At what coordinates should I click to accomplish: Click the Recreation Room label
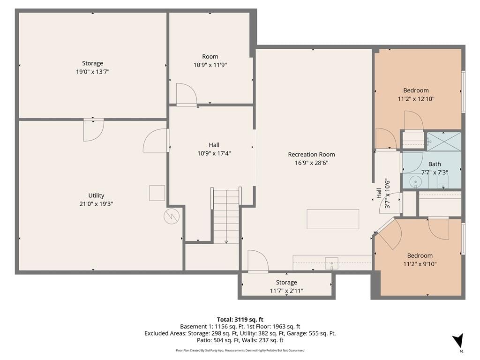click(x=311, y=155)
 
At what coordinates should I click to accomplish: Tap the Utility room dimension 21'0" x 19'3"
click(x=96, y=204)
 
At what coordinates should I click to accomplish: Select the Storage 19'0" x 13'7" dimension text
click(x=93, y=72)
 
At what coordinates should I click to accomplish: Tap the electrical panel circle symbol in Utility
click(x=172, y=217)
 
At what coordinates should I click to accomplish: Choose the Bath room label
click(x=435, y=164)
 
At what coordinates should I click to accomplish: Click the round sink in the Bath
click(x=415, y=182)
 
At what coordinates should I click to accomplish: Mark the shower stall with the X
click(x=444, y=142)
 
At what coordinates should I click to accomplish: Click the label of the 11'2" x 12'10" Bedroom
click(x=416, y=90)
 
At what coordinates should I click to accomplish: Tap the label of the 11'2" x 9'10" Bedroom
click(x=420, y=255)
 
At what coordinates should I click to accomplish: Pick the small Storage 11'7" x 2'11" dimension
click(x=286, y=291)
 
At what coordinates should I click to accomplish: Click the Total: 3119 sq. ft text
click(x=240, y=320)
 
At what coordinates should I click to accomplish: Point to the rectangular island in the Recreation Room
click(x=333, y=219)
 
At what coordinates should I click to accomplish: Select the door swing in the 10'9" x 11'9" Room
click(x=187, y=94)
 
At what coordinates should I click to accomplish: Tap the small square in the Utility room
click(x=157, y=193)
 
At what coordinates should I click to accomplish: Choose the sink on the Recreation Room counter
click(x=331, y=263)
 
